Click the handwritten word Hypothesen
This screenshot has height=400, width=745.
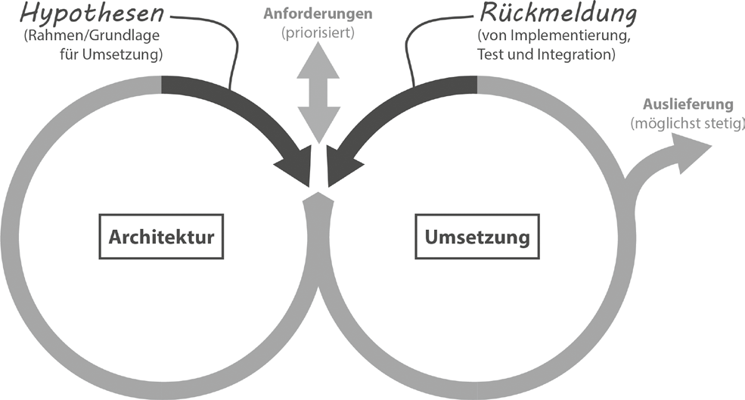tap(92, 14)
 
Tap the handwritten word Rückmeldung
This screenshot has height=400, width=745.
tap(557, 14)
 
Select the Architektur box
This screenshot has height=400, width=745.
tap(161, 237)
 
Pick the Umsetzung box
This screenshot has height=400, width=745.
tap(477, 237)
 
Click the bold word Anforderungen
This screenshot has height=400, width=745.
tap(318, 14)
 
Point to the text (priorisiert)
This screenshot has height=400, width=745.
tap(318, 33)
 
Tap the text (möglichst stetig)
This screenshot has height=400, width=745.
tap(687, 123)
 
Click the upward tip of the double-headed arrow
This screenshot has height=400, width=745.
tap(318, 42)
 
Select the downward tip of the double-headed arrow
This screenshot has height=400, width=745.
tap(318, 142)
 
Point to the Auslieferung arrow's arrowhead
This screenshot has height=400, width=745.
tap(694, 151)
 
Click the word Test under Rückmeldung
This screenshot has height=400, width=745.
tap(489, 54)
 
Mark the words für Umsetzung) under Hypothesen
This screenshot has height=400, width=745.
tap(111, 54)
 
